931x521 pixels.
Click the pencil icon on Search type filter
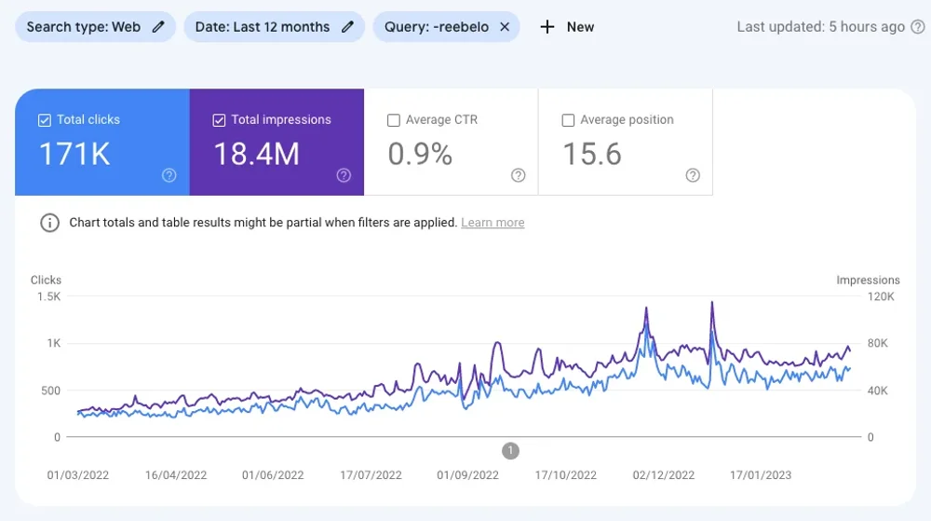click(x=158, y=27)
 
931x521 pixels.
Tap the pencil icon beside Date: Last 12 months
click(x=347, y=27)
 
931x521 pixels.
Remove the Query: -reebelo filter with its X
click(x=505, y=27)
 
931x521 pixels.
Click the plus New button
click(x=567, y=27)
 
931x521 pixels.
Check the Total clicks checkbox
click(x=45, y=120)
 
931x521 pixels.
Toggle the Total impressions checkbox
click(x=219, y=120)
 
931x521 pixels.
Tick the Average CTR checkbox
click(x=393, y=120)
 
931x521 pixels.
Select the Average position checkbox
click(x=568, y=120)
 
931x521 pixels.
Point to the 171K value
click(x=74, y=155)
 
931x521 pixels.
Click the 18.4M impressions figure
click(x=257, y=155)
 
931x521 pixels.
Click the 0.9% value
click(x=420, y=155)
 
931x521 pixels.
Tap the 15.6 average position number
click(x=592, y=155)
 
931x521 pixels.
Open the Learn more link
click(x=492, y=223)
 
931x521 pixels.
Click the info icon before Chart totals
click(x=48, y=223)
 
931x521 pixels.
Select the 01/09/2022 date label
click(x=467, y=475)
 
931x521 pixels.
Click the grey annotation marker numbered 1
click(x=510, y=451)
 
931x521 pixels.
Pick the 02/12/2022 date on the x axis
click(x=663, y=475)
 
